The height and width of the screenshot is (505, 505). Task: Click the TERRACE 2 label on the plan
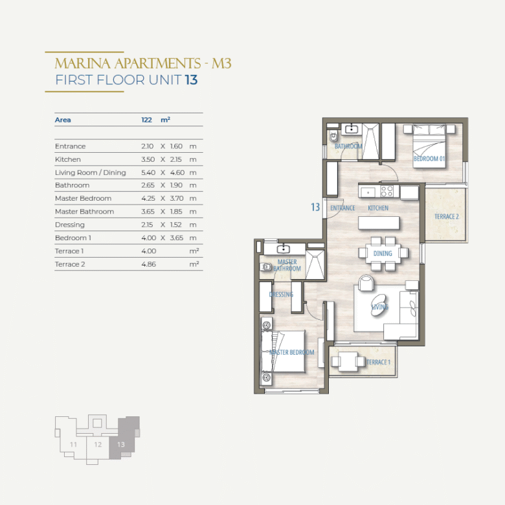446,216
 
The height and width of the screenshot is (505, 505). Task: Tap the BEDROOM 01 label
429,159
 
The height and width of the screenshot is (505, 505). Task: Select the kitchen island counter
379,223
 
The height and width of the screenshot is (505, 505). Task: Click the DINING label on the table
383,253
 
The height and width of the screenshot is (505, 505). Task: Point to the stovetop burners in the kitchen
387,191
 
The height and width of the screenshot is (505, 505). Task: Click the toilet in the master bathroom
265,267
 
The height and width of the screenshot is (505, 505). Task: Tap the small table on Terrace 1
347,361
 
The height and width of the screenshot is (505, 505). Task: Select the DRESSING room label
281,295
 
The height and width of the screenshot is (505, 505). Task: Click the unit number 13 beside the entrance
315,207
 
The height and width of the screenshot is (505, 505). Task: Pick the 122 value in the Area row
146,120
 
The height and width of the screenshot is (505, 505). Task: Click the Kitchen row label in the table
67,159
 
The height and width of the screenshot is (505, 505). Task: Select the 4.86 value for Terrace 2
148,264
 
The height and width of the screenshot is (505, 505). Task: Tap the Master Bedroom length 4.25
148,198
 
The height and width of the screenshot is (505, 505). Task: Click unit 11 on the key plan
73,445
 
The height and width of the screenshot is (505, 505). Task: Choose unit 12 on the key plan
98,445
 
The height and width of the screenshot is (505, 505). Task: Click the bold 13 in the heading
191,80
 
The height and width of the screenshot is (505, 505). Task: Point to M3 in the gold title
221,63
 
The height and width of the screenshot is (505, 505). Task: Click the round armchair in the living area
366,283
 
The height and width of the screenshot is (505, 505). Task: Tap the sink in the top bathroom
352,129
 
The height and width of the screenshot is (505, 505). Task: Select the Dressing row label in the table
70,225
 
